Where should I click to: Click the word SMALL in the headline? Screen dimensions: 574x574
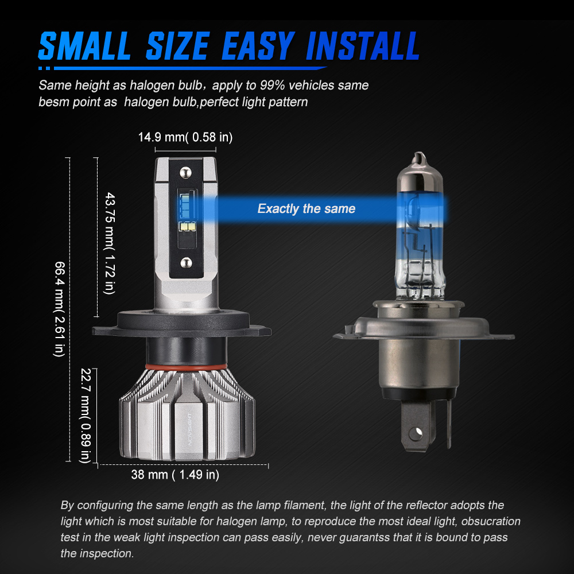[x=84, y=46]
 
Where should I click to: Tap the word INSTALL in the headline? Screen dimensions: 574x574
[x=362, y=46]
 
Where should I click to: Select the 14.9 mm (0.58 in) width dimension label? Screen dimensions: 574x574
[x=185, y=137]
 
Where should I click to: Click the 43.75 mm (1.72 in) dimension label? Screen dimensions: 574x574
[x=110, y=243]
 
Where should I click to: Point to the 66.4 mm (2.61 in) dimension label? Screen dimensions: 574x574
[x=59, y=309]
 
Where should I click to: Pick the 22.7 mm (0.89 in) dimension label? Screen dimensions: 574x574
[x=86, y=416]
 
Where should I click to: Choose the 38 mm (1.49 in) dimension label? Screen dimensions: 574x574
[x=175, y=475]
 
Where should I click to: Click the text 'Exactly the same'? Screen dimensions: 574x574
[x=307, y=209]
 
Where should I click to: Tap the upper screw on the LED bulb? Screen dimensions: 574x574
[x=185, y=172]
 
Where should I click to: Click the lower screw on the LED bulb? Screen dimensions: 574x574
[x=187, y=262]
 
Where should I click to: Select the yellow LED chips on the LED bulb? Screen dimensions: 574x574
[x=188, y=227]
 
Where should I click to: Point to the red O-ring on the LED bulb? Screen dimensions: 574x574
[x=186, y=367]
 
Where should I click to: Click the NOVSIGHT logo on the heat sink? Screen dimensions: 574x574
[x=189, y=429]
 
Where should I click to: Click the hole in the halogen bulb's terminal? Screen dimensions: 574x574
[x=416, y=434]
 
